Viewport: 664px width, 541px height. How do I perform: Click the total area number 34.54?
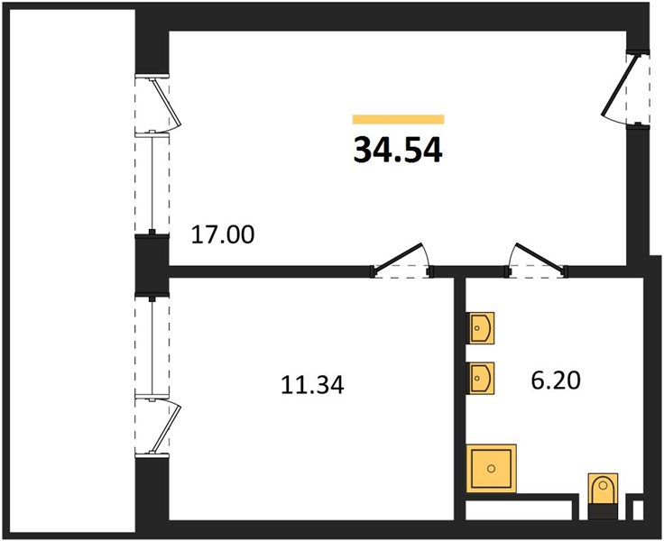(398, 151)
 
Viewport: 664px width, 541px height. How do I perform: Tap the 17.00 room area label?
(223, 234)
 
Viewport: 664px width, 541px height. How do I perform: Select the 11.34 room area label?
(312, 385)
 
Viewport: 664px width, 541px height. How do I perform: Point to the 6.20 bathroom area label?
(556, 381)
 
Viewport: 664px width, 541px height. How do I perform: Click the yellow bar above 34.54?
(399, 119)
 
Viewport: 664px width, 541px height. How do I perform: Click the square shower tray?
(491, 469)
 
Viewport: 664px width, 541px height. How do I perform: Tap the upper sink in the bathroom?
(480, 328)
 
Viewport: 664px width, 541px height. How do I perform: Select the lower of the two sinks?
(480, 378)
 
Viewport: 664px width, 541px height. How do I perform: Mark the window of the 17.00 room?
(152, 183)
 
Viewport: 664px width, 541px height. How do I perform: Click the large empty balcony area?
(72, 270)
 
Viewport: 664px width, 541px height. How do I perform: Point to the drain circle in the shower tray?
(491, 469)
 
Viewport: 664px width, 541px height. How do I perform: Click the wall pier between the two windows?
(152, 264)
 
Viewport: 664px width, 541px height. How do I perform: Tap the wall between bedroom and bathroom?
(460, 398)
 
